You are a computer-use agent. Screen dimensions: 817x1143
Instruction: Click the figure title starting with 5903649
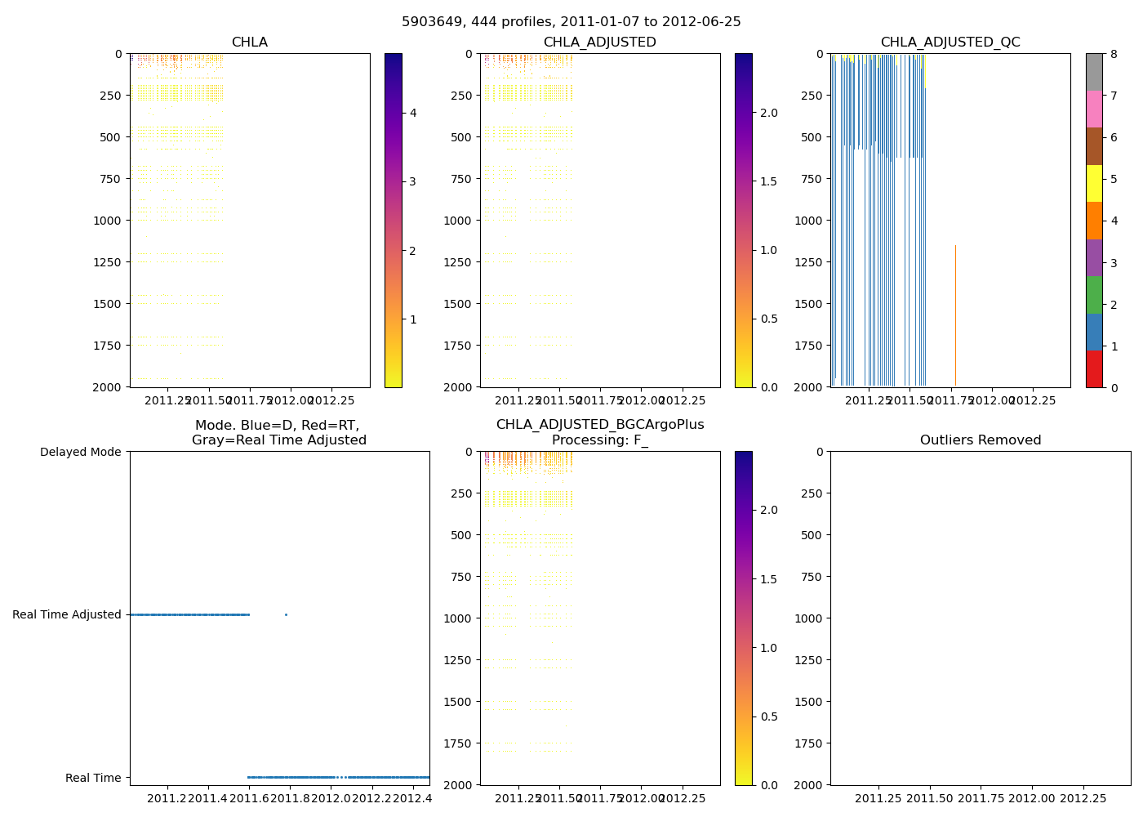pyautogui.click(x=571, y=22)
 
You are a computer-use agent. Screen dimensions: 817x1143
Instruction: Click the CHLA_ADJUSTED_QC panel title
pyautogui.click(x=950, y=42)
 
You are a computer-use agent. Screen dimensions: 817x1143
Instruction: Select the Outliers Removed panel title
pyautogui.click(x=980, y=440)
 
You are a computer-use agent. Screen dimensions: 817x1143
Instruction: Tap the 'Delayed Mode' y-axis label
pyautogui.click(x=80, y=452)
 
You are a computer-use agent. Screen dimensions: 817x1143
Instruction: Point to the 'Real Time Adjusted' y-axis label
pyautogui.click(x=66, y=614)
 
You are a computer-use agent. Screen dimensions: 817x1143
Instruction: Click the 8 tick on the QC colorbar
pyautogui.click(x=1114, y=54)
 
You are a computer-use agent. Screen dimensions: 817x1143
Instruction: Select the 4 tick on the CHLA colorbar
pyautogui.click(x=413, y=113)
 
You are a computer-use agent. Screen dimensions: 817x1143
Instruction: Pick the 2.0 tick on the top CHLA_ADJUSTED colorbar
pyautogui.click(x=769, y=113)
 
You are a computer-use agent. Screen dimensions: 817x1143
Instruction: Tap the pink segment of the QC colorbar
pyautogui.click(x=1094, y=109)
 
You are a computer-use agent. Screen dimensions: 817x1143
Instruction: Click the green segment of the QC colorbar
pyautogui.click(x=1094, y=295)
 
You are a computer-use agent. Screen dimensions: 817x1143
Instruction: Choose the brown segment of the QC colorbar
pyautogui.click(x=1094, y=146)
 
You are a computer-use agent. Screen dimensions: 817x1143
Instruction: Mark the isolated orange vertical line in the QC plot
pyautogui.click(x=955, y=315)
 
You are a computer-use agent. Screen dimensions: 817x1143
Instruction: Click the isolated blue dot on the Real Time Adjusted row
pyautogui.click(x=286, y=614)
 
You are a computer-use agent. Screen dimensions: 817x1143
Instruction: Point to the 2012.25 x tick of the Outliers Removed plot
pyautogui.click(x=1083, y=798)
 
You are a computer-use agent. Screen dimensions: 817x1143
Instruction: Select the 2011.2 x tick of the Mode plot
pyautogui.click(x=168, y=798)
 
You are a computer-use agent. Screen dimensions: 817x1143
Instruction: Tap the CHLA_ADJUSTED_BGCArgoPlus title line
pyautogui.click(x=600, y=425)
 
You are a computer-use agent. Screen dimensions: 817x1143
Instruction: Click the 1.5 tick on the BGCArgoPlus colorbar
pyautogui.click(x=769, y=579)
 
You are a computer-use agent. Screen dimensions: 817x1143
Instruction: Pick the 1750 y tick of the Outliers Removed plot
pyautogui.click(x=811, y=743)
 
